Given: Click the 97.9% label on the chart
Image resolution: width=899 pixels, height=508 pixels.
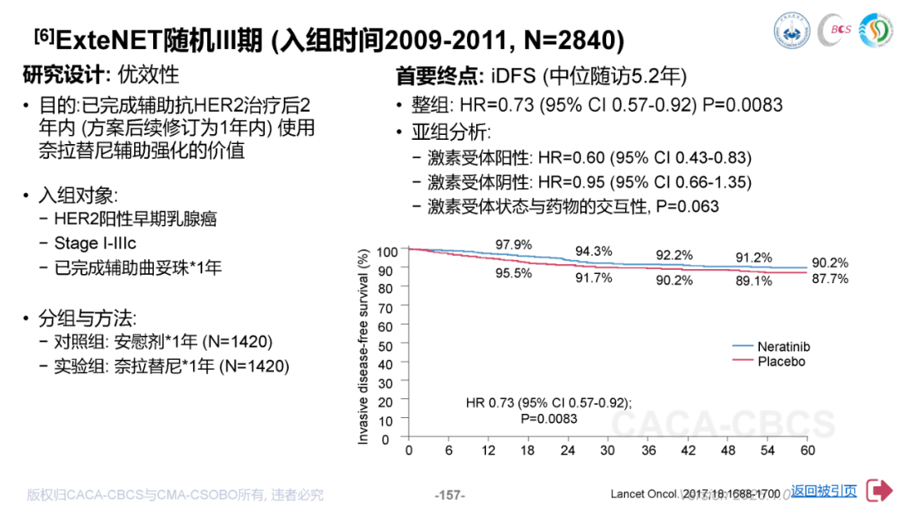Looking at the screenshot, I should pos(513,244).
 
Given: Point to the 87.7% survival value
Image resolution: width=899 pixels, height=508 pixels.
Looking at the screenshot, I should pos(830,279).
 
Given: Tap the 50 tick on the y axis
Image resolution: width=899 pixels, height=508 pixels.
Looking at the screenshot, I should pos(385,345).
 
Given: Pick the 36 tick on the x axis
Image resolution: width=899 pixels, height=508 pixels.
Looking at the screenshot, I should pos(648,451).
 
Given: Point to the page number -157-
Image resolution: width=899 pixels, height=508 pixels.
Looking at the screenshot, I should pos(449,495).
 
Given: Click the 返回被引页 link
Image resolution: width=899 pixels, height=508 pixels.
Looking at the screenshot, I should pos(823,491).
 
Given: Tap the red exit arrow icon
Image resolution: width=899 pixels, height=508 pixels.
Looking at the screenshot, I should pos(879,491).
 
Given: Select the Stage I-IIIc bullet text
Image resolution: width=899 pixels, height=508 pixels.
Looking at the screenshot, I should pos(95,243).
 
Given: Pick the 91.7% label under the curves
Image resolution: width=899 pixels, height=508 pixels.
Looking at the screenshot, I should pos(594,277).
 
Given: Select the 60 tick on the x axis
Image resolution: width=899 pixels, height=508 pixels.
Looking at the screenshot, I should pos(806,451).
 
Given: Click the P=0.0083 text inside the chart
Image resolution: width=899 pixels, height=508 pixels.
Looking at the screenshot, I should pos(549,418).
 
